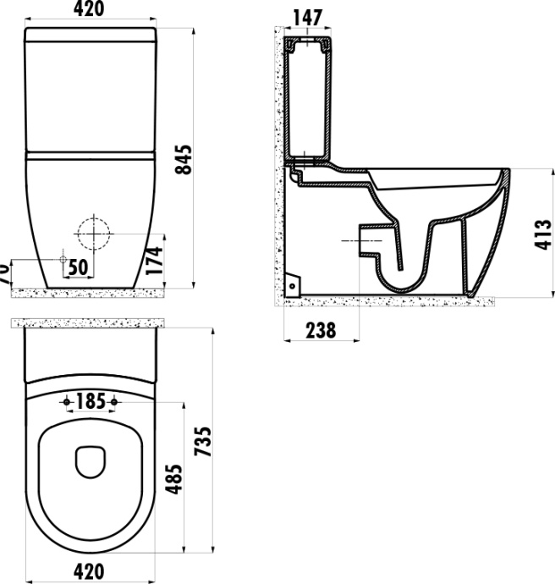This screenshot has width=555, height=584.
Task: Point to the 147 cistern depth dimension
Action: (x=308, y=17)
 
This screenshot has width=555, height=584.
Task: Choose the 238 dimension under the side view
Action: (x=320, y=330)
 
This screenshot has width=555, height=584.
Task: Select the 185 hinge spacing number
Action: (x=90, y=400)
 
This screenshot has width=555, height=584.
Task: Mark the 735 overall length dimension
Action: (x=203, y=441)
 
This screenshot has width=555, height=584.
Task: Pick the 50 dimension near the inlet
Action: (x=79, y=267)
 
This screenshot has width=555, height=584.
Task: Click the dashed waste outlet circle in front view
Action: (x=93, y=231)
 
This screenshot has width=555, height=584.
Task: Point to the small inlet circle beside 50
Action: (x=62, y=258)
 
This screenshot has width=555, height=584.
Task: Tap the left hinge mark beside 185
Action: (x=66, y=400)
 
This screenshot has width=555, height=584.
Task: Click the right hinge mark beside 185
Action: (x=113, y=400)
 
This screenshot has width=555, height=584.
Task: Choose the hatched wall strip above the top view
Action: (x=89, y=322)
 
